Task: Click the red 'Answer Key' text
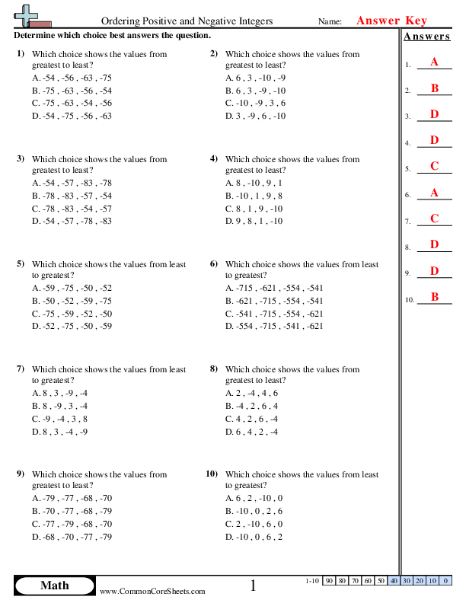[x=391, y=21]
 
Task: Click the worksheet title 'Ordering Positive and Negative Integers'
[x=187, y=22]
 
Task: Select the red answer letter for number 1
[x=434, y=62]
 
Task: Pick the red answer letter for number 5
[x=434, y=167]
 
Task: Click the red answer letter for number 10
[x=434, y=298]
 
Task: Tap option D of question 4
[x=254, y=221]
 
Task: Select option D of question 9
[x=72, y=536]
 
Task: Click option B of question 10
[x=254, y=511]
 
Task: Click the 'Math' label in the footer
[x=54, y=585]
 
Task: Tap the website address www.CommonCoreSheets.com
[x=152, y=591]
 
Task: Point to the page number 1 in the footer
[x=254, y=585]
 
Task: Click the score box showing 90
[x=329, y=581]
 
